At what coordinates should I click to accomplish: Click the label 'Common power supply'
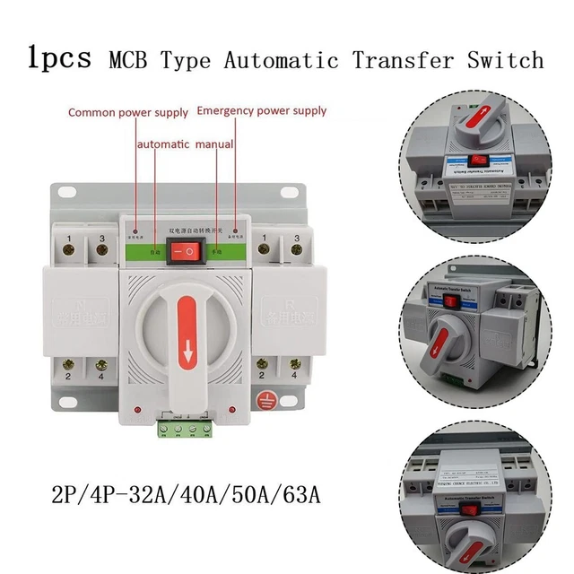[x=128, y=113]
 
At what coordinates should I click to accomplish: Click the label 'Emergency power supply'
[x=261, y=111]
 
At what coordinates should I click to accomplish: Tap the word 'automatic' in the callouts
[x=162, y=143]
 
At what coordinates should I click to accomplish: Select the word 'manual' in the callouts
[x=215, y=143]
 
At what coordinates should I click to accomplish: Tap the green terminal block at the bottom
[x=189, y=430]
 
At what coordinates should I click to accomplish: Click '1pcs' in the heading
[x=60, y=58]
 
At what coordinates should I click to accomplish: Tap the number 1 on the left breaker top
[x=71, y=238]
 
